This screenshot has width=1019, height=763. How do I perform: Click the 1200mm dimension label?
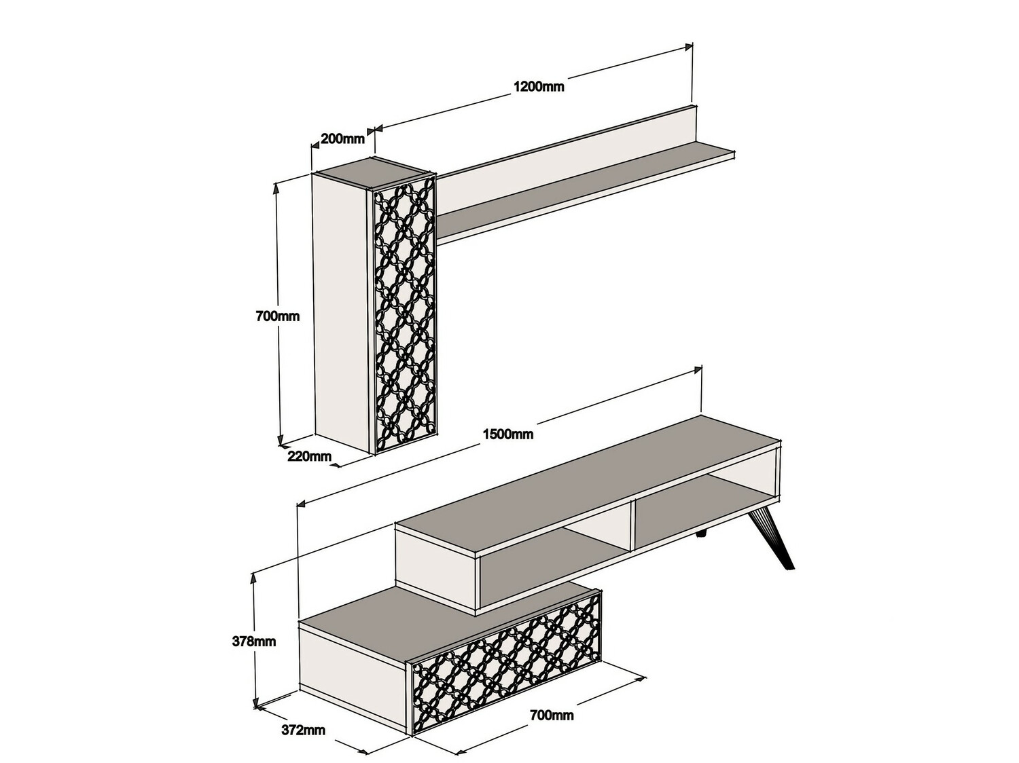[x=538, y=87]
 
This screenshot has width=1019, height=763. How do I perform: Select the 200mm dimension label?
[x=342, y=139]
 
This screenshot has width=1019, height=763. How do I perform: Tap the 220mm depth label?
[x=309, y=456]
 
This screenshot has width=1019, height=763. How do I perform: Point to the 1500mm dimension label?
[x=507, y=434]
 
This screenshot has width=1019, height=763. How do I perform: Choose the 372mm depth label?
[x=303, y=730]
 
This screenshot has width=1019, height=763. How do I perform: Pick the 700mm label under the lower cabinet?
[x=552, y=715]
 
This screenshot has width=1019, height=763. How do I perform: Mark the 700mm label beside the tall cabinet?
[x=277, y=316]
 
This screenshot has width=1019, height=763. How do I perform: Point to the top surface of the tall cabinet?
[x=372, y=173]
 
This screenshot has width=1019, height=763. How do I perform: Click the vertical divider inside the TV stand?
[x=631, y=523]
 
